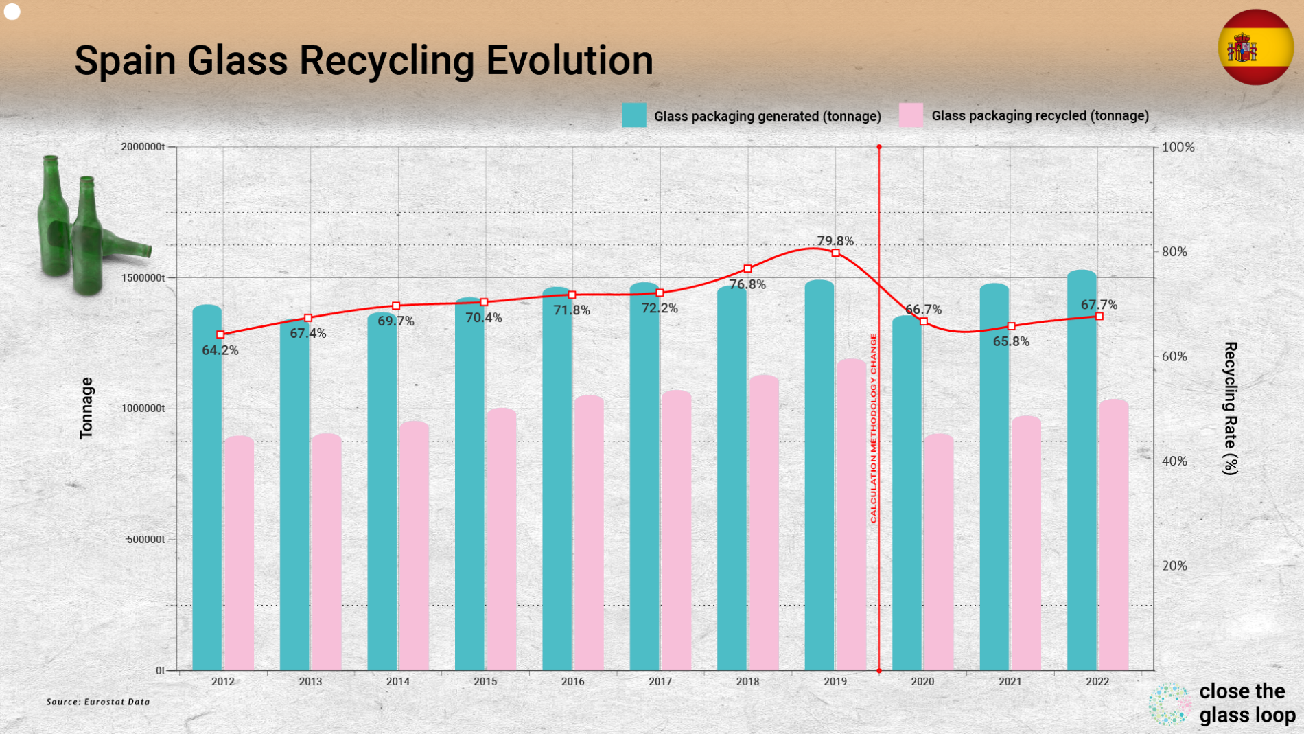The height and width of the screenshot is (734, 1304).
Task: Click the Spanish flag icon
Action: click(1255, 47)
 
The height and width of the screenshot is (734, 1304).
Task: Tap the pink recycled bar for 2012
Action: click(239, 553)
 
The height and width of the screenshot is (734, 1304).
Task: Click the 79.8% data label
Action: click(835, 240)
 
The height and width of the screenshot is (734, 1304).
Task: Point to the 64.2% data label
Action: click(220, 350)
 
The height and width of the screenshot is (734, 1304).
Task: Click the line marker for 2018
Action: click(748, 268)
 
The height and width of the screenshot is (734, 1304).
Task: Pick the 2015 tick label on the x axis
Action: click(485, 681)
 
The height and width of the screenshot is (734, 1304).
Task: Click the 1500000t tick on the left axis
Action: click(143, 277)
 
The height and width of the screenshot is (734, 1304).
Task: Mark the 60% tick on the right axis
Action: click(1174, 356)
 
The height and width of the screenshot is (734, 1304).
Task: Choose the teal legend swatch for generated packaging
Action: click(633, 115)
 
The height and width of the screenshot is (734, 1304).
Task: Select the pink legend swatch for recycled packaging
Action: click(911, 115)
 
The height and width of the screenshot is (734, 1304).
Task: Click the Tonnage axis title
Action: click(86, 408)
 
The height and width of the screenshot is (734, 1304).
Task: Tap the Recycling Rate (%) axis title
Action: click(1230, 409)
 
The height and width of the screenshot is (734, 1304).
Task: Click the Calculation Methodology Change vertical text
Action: click(874, 428)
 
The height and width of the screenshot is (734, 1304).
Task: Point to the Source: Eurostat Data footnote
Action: click(98, 702)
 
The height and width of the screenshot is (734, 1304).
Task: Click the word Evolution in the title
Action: click(570, 60)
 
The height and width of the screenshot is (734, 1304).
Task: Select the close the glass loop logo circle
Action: click(1169, 704)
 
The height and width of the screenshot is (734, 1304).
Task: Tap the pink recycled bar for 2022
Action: click(1114, 536)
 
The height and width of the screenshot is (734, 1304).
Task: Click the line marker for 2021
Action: click(1011, 326)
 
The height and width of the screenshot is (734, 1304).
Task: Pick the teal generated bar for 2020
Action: click(907, 494)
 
